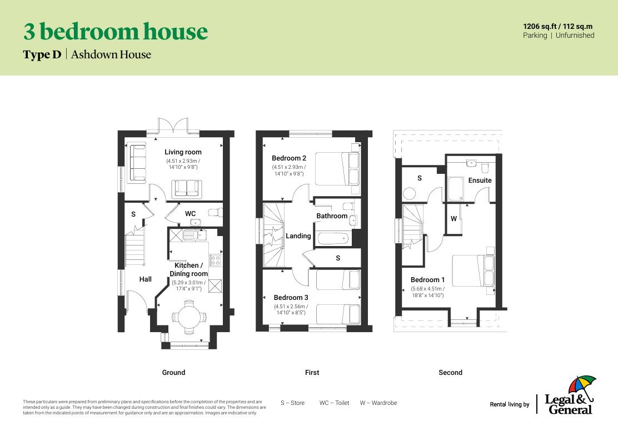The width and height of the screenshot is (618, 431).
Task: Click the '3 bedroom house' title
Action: tap(115, 32)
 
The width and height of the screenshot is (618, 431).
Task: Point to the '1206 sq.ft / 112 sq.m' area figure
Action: tap(558, 26)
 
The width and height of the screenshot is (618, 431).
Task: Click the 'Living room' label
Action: tap(183, 152)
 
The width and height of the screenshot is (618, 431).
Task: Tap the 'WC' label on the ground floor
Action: tap(190, 214)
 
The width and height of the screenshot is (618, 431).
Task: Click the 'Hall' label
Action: tap(145, 279)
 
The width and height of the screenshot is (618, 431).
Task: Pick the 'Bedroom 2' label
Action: tap(289, 158)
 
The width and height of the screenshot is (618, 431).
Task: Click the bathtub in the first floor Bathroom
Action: tap(333, 240)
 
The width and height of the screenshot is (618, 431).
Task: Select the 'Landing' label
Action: tap(298, 236)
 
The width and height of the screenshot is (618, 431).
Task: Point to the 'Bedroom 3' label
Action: tap(291, 298)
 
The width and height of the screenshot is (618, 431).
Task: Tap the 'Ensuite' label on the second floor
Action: tap(480, 181)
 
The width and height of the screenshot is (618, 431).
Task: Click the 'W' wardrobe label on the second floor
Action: tap(453, 219)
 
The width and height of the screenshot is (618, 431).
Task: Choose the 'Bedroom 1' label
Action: tap(427, 280)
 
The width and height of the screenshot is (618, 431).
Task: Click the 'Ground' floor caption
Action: tap(173, 373)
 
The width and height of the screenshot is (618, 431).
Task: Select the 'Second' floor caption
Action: tap(450, 373)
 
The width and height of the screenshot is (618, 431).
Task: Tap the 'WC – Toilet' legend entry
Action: tap(334, 403)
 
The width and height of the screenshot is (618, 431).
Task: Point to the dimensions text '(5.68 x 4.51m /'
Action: tap(427, 289)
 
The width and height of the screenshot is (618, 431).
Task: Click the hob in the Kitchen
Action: tap(215, 259)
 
